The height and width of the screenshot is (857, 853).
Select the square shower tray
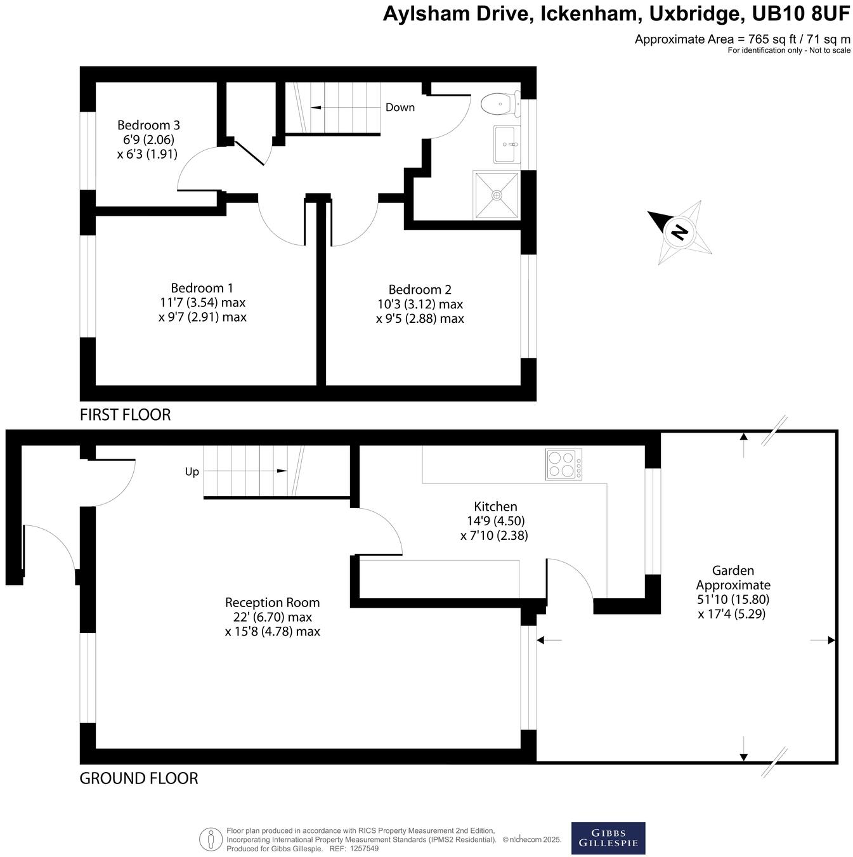click(496, 195)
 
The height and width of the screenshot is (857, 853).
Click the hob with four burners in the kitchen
click(563, 464)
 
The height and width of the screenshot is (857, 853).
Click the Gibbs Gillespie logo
click(608, 838)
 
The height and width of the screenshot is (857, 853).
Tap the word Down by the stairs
click(400, 107)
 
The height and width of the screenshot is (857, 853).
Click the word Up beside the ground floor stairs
click(192, 471)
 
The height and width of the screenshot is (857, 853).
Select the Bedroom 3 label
click(148, 125)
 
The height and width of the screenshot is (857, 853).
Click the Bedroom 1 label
click(202, 288)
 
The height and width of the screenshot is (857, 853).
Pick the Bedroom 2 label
click(420, 290)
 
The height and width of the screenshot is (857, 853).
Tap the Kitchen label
click(495, 506)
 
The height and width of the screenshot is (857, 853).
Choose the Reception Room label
click(272, 603)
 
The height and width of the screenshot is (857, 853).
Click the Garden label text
click(733, 570)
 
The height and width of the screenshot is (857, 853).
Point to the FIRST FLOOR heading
click(125, 415)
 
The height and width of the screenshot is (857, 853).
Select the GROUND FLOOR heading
click(138, 778)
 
